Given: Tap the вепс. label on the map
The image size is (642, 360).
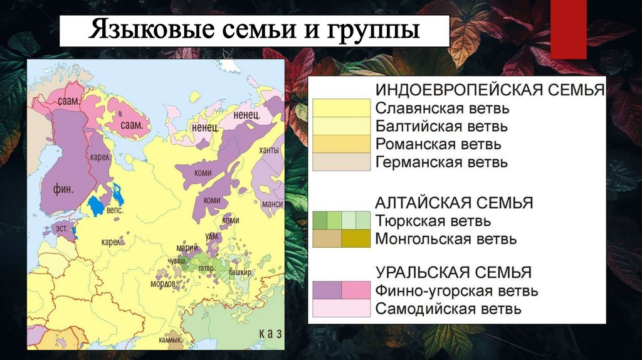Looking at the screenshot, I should [x=115, y=211].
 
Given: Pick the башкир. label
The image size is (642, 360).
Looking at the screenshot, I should [x=240, y=272].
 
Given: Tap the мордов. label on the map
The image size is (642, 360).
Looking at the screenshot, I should [x=163, y=283].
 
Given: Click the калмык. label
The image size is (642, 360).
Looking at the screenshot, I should [x=171, y=341].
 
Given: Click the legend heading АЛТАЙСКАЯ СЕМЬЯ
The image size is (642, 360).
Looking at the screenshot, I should [x=454, y=203].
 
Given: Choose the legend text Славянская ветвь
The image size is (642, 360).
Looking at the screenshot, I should [x=442, y=108].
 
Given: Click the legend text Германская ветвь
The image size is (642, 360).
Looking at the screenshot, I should [x=441, y=162].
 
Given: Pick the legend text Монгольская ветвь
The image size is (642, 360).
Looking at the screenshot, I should [x=446, y=239].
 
